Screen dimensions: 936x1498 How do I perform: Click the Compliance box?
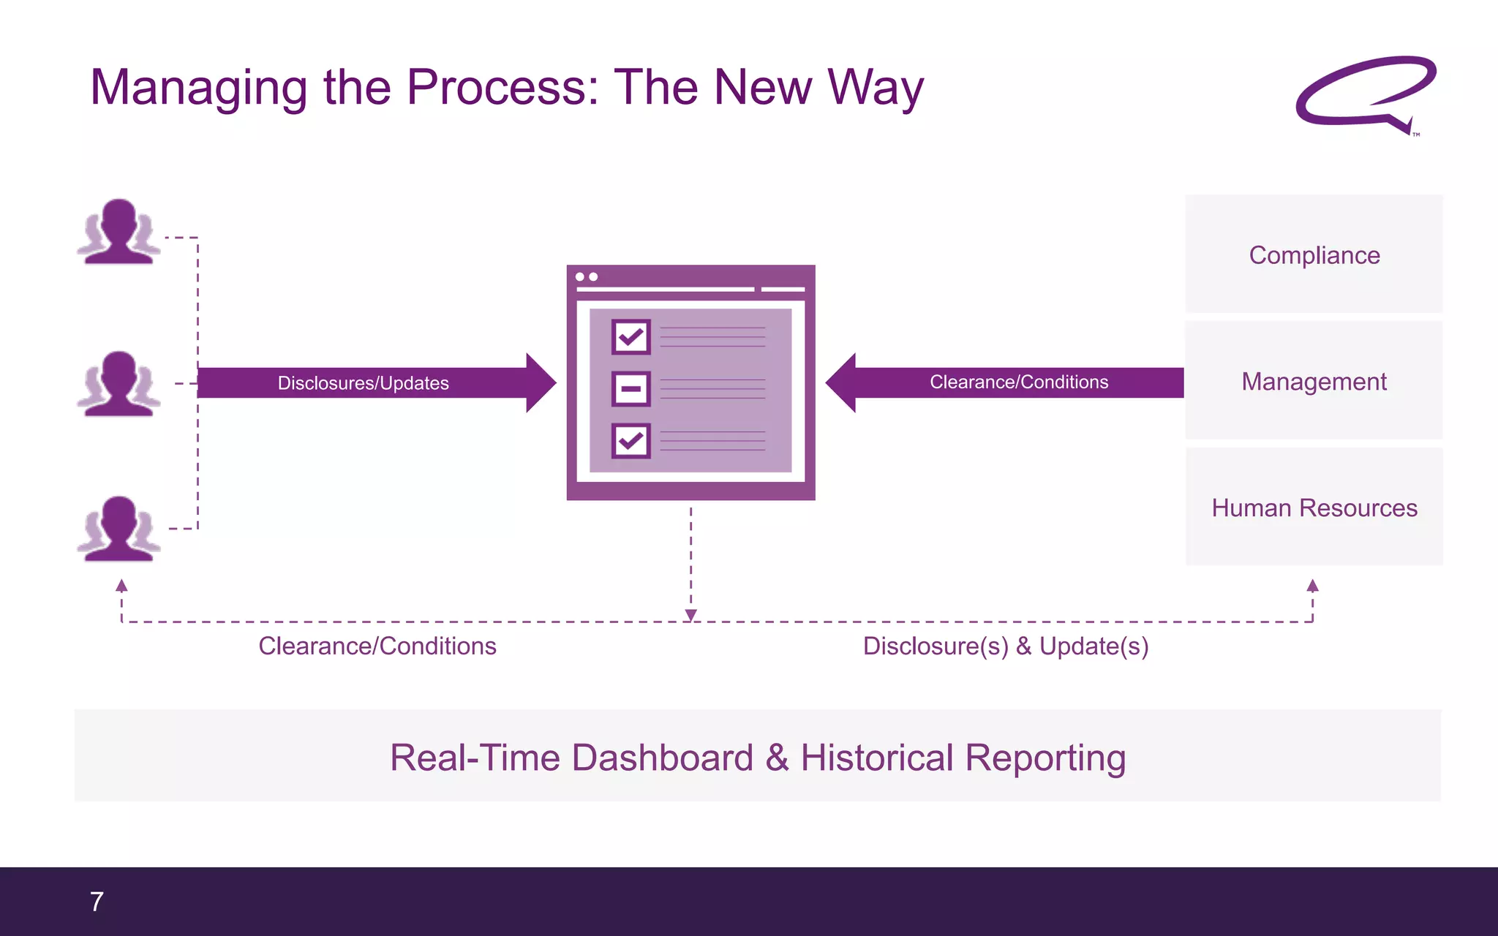(1314, 254)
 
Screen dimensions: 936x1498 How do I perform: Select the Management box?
(1314, 381)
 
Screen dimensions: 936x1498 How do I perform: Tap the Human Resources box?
(1314, 507)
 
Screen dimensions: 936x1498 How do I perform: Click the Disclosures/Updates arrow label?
(363, 383)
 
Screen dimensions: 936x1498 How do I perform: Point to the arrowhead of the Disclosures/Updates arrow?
(541, 382)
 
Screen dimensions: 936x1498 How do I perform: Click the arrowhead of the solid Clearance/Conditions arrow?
(841, 382)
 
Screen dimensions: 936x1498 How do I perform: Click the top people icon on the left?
(118, 232)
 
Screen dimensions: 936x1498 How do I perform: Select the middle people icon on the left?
(118, 385)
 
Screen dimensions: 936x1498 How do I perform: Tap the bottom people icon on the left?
(118, 529)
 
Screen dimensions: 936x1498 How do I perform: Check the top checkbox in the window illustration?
(631, 337)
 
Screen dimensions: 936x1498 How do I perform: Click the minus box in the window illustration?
(631, 389)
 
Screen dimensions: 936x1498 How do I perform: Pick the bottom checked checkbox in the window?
(631, 441)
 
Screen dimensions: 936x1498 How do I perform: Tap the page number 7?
(97, 902)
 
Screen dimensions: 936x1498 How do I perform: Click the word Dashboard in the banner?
(662, 758)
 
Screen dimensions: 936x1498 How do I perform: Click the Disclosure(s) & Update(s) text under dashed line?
(1006, 646)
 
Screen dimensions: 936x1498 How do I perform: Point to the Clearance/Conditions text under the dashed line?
(377, 646)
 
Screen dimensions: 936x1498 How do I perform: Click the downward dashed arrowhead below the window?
(690, 615)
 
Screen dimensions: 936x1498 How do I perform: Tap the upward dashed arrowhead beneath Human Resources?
(1313, 586)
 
